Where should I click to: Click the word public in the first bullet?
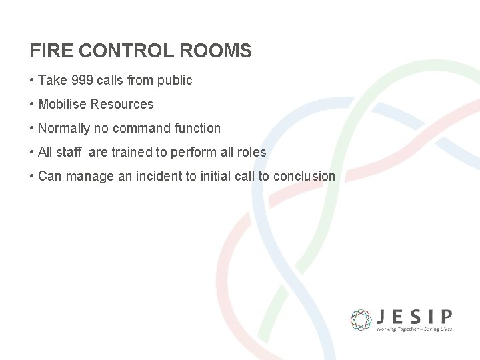coord(175,80)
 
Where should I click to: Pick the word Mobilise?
coord(63,104)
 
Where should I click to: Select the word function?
coord(197,128)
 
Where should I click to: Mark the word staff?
coord(68,152)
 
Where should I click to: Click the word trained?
coord(131,152)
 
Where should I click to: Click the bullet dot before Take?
coord(32,80)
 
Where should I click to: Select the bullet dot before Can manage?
coord(32,176)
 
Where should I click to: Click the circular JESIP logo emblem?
coord(361,319)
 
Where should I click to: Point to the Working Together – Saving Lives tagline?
coord(414,329)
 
